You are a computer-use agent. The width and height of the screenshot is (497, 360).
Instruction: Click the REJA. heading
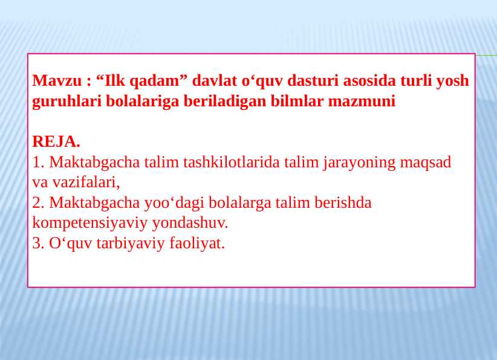click(56, 142)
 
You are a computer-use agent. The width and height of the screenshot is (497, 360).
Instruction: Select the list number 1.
click(37, 162)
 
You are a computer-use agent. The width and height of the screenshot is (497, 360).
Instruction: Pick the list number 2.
click(37, 202)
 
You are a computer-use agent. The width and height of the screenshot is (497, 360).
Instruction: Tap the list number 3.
click(37, 243)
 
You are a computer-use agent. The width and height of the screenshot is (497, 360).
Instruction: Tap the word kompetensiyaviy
click(89, 223)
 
